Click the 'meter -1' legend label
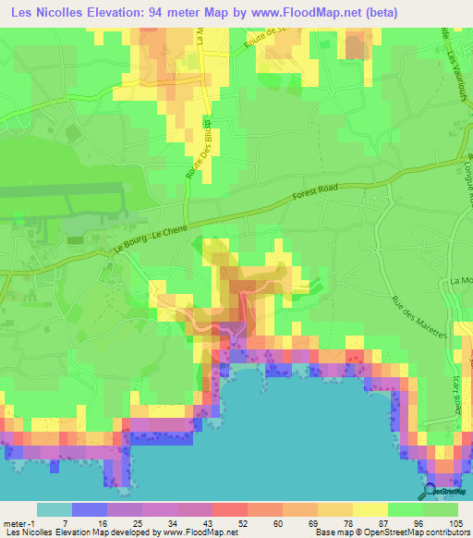pyautogui.click(x=19, y=522)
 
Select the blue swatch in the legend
pyautogui.click(x=90, y=509)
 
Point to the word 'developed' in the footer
pyautogui.click(x=134, y=532)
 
